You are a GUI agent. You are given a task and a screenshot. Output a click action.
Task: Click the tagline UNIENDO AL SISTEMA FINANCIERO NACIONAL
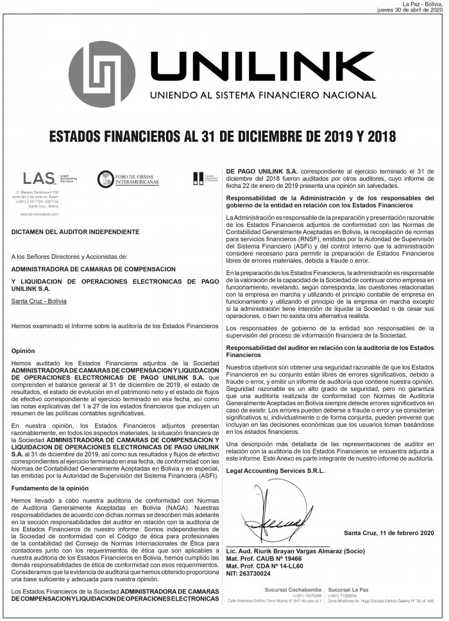point(262,95)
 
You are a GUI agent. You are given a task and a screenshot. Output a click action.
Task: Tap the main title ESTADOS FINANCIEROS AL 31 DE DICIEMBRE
point(222,137)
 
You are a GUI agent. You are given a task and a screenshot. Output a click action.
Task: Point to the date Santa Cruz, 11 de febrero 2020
point(389,533)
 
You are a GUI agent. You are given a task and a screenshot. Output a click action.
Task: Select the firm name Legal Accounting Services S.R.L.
point(276,470)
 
